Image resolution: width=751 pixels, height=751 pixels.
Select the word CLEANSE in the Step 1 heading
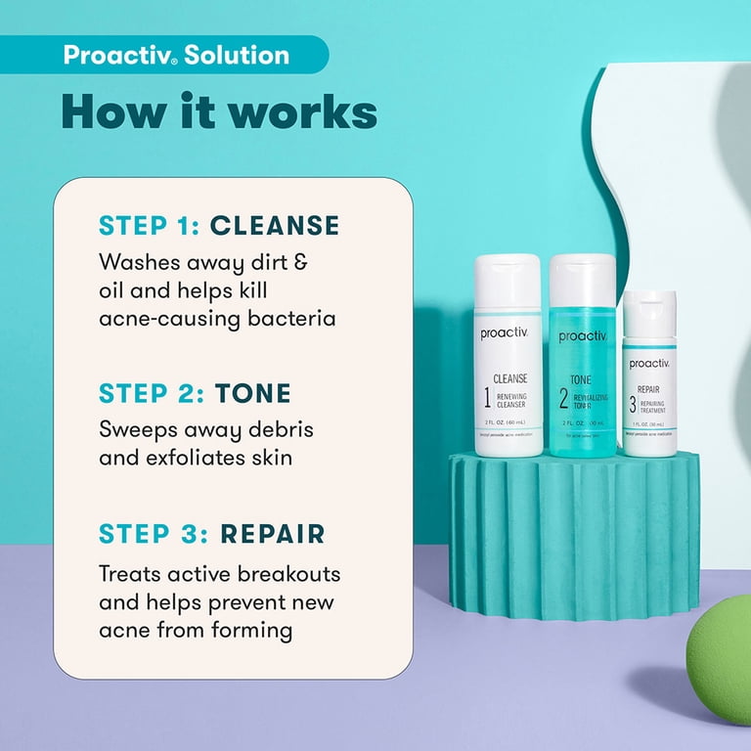coord(275,226)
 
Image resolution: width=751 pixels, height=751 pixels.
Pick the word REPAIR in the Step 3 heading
coord(273,534)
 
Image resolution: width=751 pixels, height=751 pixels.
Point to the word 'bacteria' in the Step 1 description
coord(287,319)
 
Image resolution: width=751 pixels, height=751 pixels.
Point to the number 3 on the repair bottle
coord(633,404)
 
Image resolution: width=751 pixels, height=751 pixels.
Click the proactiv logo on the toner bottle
coord(582,336)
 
